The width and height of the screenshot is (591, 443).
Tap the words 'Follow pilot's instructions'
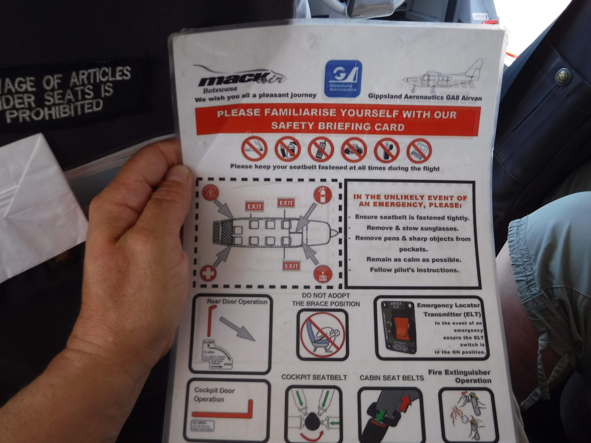click(414, 270)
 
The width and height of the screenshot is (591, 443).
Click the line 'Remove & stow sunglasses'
click(412, 228)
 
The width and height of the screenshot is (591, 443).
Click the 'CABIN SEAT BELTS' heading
click(392, 378)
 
